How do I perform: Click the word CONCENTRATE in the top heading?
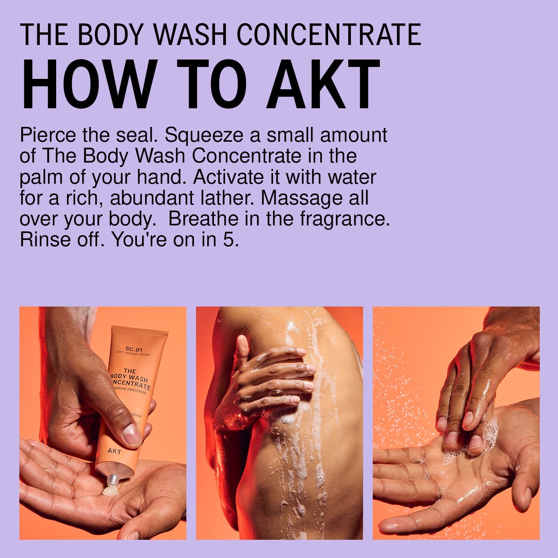[329, 35]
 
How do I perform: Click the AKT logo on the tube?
[114, 451]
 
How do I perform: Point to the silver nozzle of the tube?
[112, 482]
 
